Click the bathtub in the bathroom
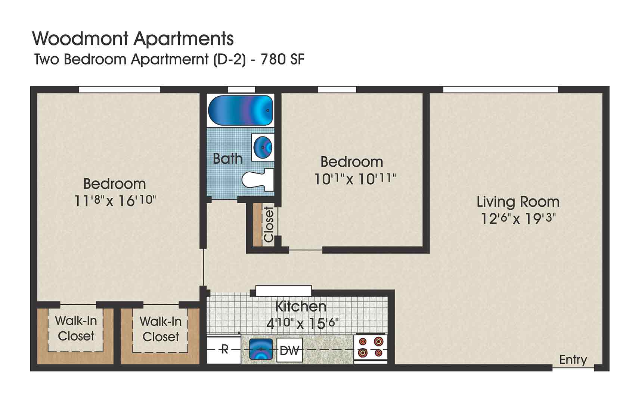point(241,110)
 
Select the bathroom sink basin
point(263,147)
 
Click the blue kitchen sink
point(260,350)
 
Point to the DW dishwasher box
point(289,350)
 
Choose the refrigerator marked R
point(224,350)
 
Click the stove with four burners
point(371,347)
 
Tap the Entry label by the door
point(573,360)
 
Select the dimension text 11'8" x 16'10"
point(115,200)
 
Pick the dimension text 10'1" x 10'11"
point(354,179)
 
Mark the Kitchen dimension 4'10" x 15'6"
point(302,323)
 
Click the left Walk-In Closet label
point(76,328)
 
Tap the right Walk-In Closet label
point(161,329)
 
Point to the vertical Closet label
point(269,225)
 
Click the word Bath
point(227,159)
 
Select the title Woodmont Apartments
point(133,38)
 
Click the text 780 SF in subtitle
point(282,59)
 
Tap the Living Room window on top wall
point(500,90)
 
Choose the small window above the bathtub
point(241,90)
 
